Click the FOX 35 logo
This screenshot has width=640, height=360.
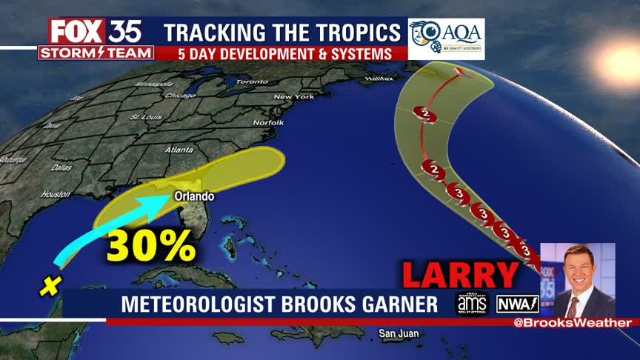[96, 31]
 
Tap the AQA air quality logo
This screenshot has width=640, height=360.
[446, 39]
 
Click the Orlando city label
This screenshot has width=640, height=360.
[194, 196]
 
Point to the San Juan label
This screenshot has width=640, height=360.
[399, 334]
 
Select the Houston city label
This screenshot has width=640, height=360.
[56, 194]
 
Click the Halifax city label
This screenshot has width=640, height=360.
[379, 78]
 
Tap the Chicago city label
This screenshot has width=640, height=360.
[181, 96]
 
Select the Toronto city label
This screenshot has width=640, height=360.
[252, 81]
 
